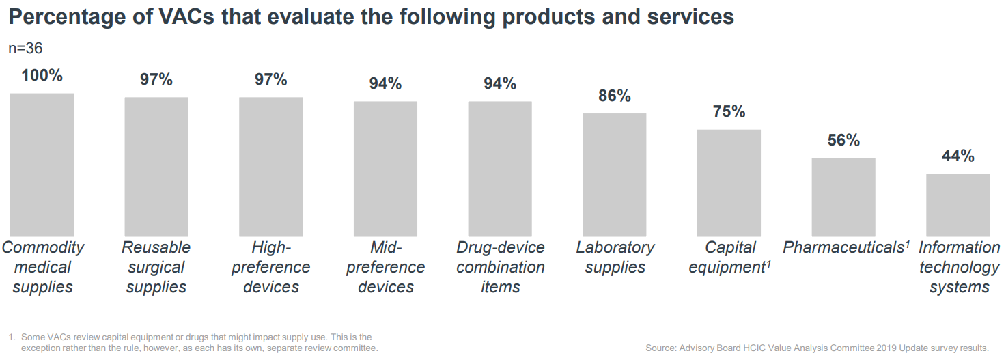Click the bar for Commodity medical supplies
[42, 165]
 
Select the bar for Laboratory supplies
[614, 175]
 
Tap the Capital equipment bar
[729, 183]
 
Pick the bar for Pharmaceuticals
[843, 197]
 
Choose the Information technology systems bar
[958, 205]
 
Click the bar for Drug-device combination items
[500, 169]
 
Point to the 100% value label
[42, 75]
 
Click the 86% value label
[614, 96]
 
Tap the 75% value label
[729, 112]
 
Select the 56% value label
[843, 141]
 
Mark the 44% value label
[958, 156]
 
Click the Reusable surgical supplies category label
[156, 267]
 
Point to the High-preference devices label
[271, 267]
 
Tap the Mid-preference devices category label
[385, 267]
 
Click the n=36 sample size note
[25, 48]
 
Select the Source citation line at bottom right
[817, 348]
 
